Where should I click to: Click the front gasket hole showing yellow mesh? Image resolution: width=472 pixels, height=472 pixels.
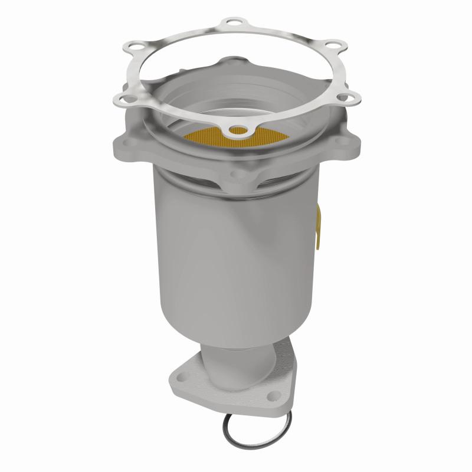[238, 130]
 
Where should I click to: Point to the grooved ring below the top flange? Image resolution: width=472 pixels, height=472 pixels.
[236, 190]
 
